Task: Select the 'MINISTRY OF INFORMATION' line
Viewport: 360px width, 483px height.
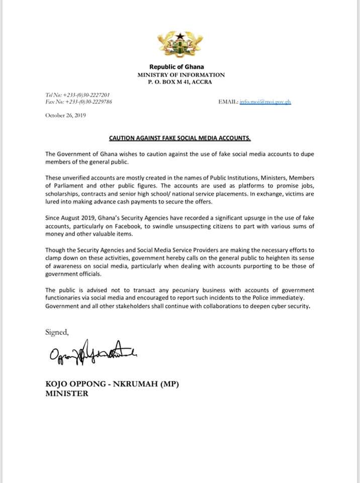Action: coord(181,74)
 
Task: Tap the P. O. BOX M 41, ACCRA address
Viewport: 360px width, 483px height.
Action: coord(180,82)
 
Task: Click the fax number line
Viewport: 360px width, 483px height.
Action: coord(78,102)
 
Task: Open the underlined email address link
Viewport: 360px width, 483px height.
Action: coord(265,102)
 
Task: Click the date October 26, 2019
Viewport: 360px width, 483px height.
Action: coord(66,115)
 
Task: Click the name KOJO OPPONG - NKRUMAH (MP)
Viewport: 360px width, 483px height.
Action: coord(112,385)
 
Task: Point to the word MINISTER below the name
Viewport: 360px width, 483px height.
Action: coord(67,393)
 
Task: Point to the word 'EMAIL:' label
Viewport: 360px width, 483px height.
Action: coord(228,102)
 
